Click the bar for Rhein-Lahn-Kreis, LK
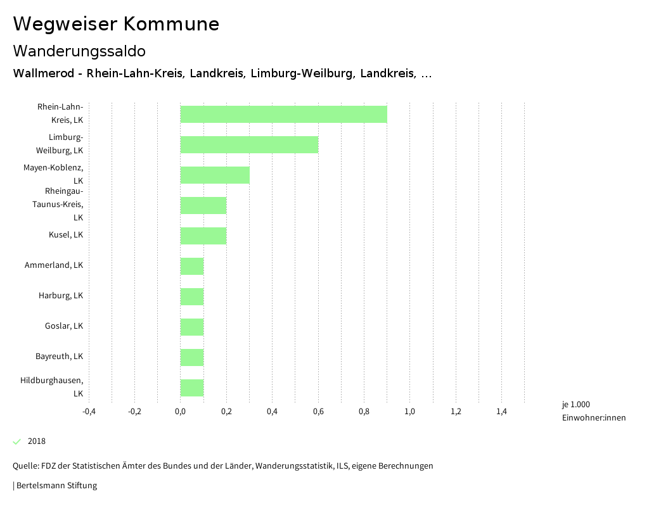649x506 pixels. pos(283,114)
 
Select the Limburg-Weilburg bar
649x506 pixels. pos(249,144)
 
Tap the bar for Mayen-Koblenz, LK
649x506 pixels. pos(215,175)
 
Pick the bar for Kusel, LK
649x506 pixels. pos(203,236)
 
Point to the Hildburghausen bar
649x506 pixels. pos(192,388)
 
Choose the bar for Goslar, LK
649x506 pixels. pos(192,327)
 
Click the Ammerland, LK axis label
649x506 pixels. pos(54,265)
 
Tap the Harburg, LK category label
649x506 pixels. pos(61,296)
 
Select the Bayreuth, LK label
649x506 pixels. pos(59,357)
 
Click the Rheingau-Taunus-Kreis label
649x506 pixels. pos(58,204)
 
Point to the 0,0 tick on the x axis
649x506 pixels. pos(181,412)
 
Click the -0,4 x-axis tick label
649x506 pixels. pos(89,412)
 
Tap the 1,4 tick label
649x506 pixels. pos(501,412)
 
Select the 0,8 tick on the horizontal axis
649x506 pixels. pos(364,412)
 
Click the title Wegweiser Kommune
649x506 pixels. pos(116,24)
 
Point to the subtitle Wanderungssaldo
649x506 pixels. pos(79,51)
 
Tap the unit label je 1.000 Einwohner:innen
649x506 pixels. pos(593,411)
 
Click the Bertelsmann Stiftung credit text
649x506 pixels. pos(56,486)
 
